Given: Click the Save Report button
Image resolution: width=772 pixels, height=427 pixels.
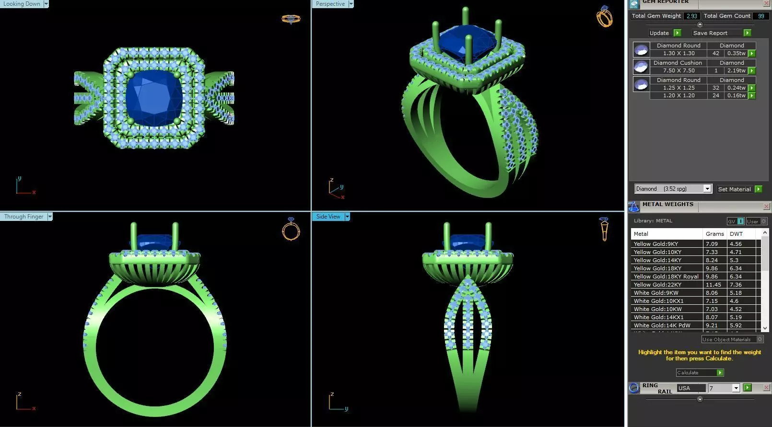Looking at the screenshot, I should coord(710,33).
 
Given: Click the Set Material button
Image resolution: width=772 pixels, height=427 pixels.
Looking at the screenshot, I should coord(734,189).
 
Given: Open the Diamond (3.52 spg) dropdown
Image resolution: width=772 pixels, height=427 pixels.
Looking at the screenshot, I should coord(707,189).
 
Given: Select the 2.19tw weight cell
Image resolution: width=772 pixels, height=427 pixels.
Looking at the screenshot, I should coord(736,70).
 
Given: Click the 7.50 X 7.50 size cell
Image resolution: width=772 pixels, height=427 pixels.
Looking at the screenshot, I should coord(678,70).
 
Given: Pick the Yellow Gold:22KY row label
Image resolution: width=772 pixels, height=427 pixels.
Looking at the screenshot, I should coord(657,285).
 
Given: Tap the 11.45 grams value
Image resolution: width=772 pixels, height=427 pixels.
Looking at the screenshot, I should coord(713,285).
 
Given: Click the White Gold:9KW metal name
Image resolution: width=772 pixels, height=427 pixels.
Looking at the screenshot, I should coord(656,293).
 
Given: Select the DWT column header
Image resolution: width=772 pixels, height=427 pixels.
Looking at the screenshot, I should coord(736,234).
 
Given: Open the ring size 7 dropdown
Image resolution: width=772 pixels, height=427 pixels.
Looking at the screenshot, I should coord(736,388).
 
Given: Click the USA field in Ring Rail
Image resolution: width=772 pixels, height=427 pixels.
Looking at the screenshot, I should coord(690,388).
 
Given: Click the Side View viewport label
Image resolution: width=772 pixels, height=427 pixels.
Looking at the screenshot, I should coord(328,217).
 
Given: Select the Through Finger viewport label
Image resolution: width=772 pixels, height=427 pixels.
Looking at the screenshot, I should coord(24,217).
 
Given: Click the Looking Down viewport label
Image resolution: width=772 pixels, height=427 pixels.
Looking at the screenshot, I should coord(22,4).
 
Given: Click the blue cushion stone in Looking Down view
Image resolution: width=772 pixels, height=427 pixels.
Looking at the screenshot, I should coord(153,98).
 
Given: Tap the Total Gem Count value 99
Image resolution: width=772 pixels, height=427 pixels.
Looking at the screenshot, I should coord(760,16).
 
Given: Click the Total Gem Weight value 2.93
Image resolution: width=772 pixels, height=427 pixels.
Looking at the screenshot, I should coord(691,16).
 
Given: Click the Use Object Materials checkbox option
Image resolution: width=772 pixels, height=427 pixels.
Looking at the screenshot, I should coord(760,339).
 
